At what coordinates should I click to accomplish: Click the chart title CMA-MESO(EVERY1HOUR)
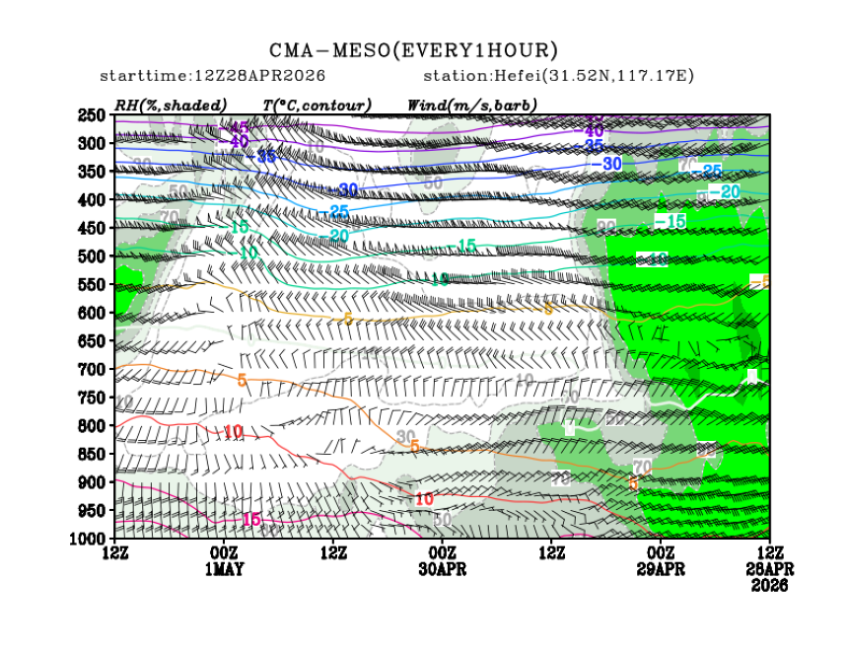[x=414, y=50]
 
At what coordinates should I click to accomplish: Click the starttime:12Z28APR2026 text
[x=213, y=76]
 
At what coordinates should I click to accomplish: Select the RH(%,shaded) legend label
[x=171, y=105]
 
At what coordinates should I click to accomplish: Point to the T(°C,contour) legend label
[x=317, y=105]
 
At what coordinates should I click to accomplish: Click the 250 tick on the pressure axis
[x=91, y=115]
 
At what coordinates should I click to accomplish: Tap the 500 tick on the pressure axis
[x=91, y=256]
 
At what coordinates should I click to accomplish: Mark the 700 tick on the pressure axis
[x=91, y=369]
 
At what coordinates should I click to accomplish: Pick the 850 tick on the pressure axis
[x=91, y=454]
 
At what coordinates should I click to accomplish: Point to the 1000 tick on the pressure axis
[x=87, y=539]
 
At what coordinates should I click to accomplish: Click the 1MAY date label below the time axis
[x=225, y=569]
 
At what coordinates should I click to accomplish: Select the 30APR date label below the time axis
[x=443, y=569]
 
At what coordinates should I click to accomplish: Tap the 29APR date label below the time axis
[x=661, y=569]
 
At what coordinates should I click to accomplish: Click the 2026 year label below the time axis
[x=769, y=585]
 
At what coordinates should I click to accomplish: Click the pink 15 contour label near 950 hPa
[x=250, y=519]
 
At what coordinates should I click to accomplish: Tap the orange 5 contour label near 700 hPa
[x=242, y=381]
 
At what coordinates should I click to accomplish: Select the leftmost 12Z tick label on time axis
[x=115, y=552]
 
